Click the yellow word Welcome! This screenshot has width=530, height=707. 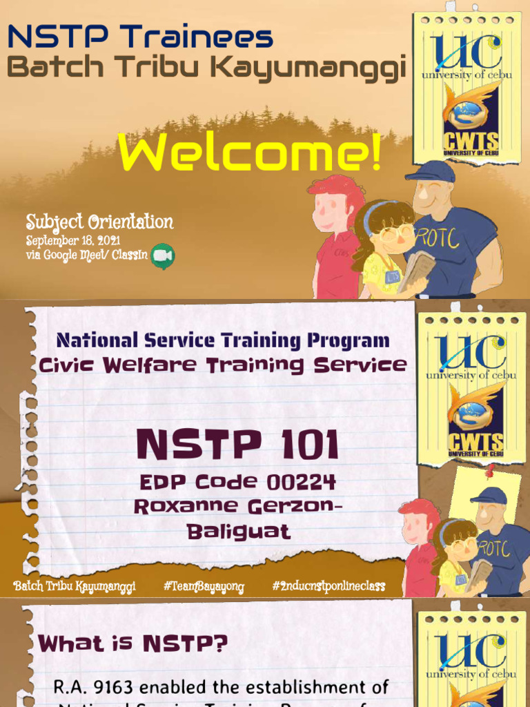click(249, 153)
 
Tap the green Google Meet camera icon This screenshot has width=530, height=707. click(163, 255)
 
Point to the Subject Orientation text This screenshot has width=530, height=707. click(99, 222)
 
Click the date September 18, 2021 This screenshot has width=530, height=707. click(73, 241)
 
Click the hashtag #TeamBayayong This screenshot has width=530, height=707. click(204, 587)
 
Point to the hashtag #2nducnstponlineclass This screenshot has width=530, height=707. click(328, 587)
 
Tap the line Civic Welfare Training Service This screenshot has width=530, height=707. click(222, 365)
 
